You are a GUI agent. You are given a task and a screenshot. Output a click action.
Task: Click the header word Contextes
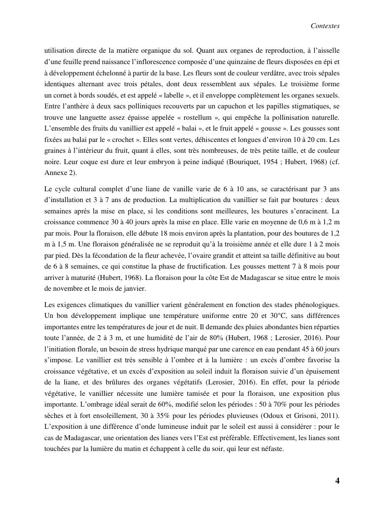(x=325, y=26)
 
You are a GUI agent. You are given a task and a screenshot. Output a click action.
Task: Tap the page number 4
(x=337, y=481)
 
